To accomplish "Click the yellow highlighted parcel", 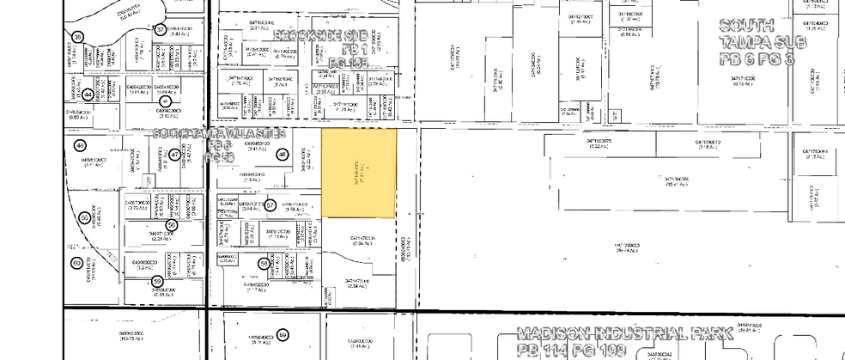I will coord(358,173).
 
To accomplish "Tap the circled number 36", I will coord(78,37).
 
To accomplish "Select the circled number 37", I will coord(160,29).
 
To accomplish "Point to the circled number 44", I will coord(88,95).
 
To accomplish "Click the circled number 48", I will coord(80,145).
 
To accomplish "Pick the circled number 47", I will coord(174,155).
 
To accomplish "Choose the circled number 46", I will coord(282,155).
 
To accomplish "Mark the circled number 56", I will coord(172,225).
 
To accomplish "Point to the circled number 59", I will coord(157,281).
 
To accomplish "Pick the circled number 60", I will coord(76,263).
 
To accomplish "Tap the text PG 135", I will coord(349,64).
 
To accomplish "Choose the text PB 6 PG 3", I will coord(757,58).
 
